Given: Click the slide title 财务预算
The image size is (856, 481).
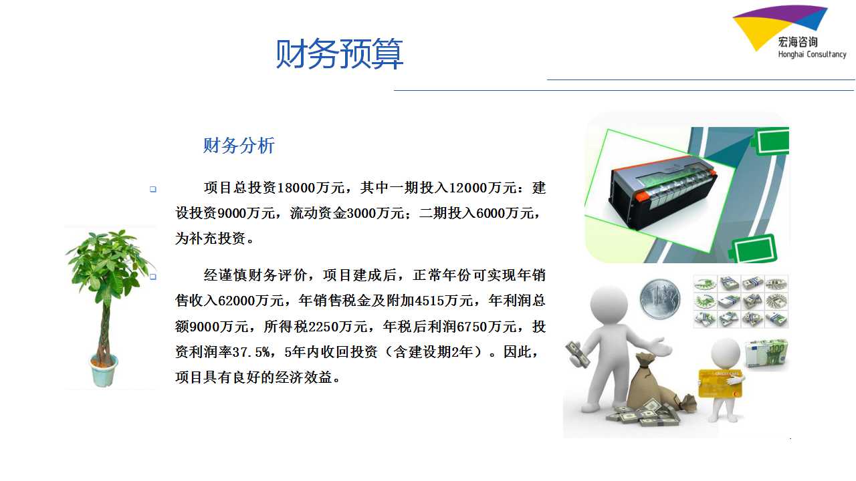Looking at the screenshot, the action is tap(339, 53).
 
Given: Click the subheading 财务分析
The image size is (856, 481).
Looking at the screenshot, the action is tap(239, 146).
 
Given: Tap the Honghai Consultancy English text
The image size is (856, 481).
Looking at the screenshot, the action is tap(812, 54).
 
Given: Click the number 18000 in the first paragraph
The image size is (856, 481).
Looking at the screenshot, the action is tap(296, 188).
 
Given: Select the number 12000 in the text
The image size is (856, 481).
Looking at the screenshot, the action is tap(467, 188).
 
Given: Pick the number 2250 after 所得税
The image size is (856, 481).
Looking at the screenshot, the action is tap(323, 327).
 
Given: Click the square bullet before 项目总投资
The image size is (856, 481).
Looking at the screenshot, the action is tap(153, 189).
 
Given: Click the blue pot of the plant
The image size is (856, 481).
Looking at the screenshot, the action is tap(104, 370).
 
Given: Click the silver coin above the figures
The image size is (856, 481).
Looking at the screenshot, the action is tap(660, 299).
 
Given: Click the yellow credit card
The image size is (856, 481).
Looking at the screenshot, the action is tap(720, 383).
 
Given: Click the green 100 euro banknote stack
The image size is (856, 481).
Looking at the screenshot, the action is tap(766, 354).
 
